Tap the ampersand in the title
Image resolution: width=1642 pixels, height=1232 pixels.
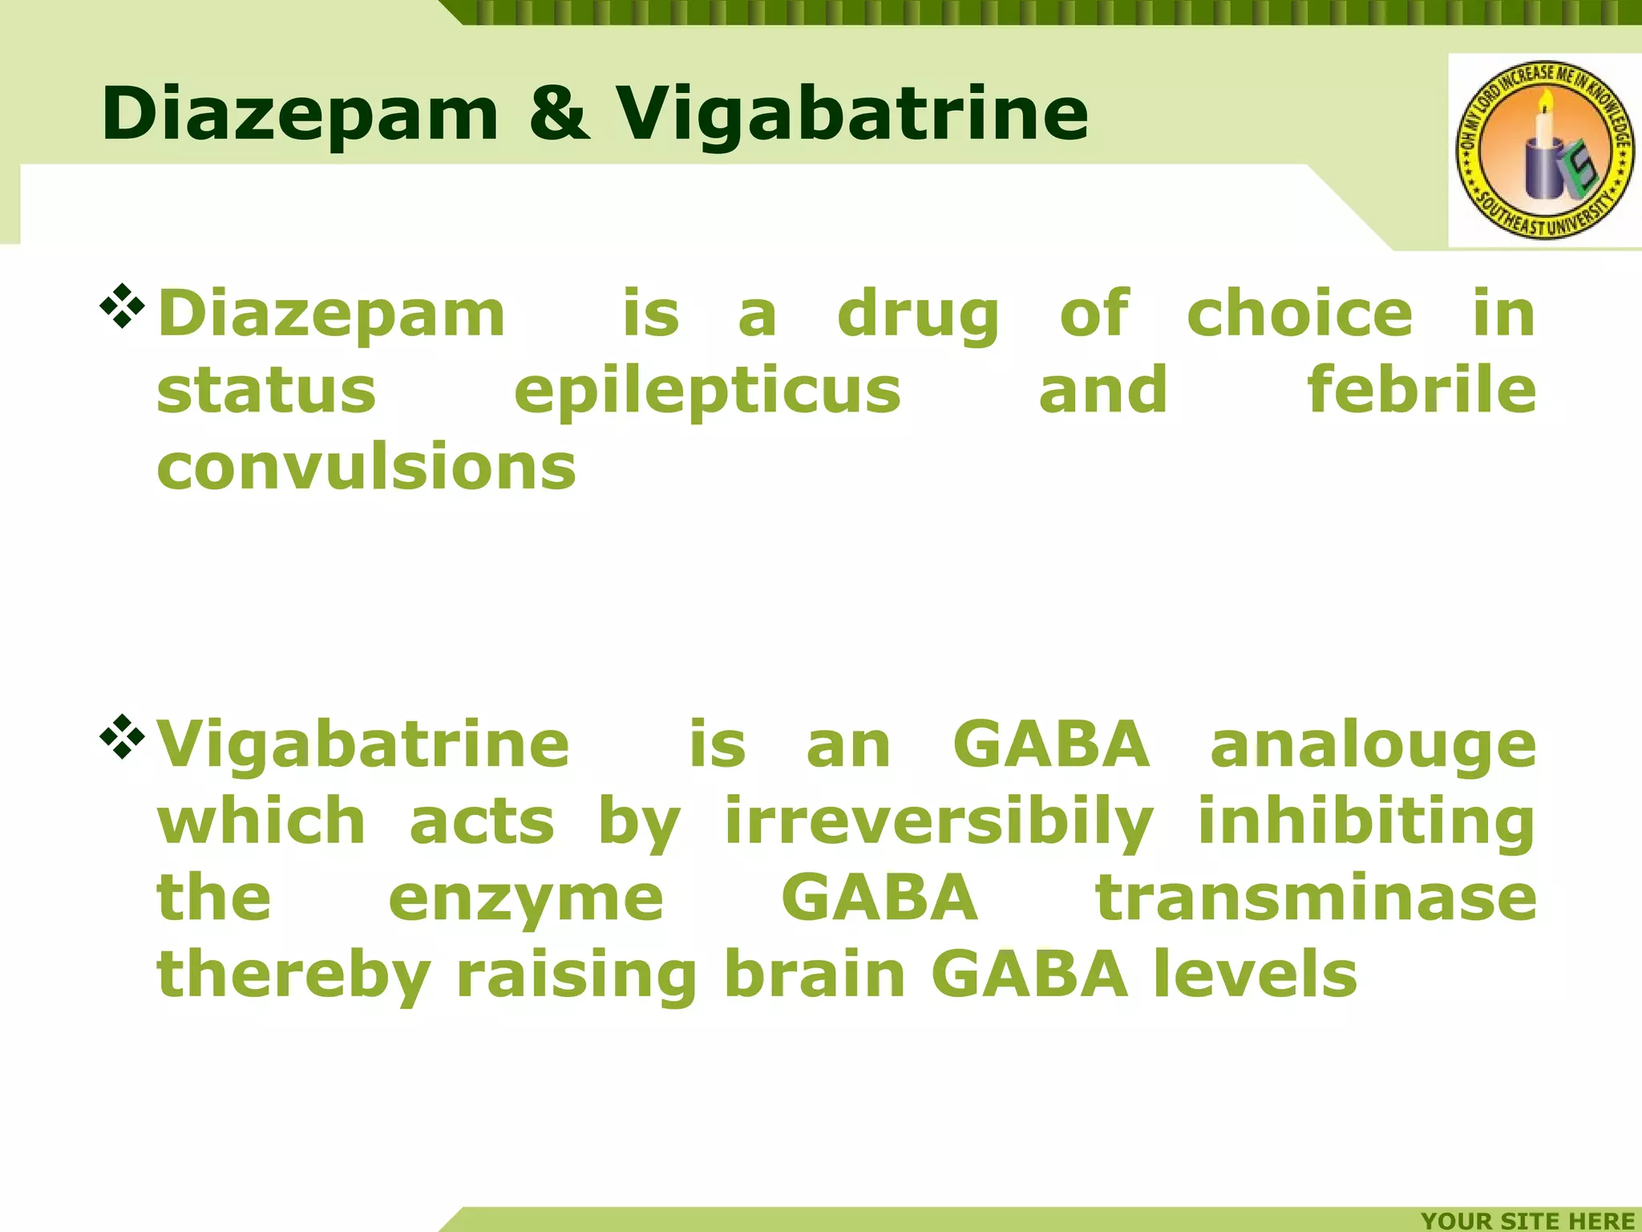[559, 114]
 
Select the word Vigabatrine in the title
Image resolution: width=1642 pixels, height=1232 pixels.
[851, 114]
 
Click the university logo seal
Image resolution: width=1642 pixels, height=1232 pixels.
[1544, 150]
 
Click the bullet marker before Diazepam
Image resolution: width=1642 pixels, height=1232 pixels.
[122, 306]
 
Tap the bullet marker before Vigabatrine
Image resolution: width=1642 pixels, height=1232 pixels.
[122, 736]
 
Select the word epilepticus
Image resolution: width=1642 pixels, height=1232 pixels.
[707, 391]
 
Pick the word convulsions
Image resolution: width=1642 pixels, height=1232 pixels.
[366, 467]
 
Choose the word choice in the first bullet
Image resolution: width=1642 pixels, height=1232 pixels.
[1300, 314]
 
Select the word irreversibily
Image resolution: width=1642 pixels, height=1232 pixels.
[939, 823]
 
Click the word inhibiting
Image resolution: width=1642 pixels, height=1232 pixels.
[1366, 821]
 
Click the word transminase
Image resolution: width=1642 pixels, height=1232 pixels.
[1316, 898]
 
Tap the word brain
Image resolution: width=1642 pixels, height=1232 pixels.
[815, 975]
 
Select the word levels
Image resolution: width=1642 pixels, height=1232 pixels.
[1256, 975]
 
